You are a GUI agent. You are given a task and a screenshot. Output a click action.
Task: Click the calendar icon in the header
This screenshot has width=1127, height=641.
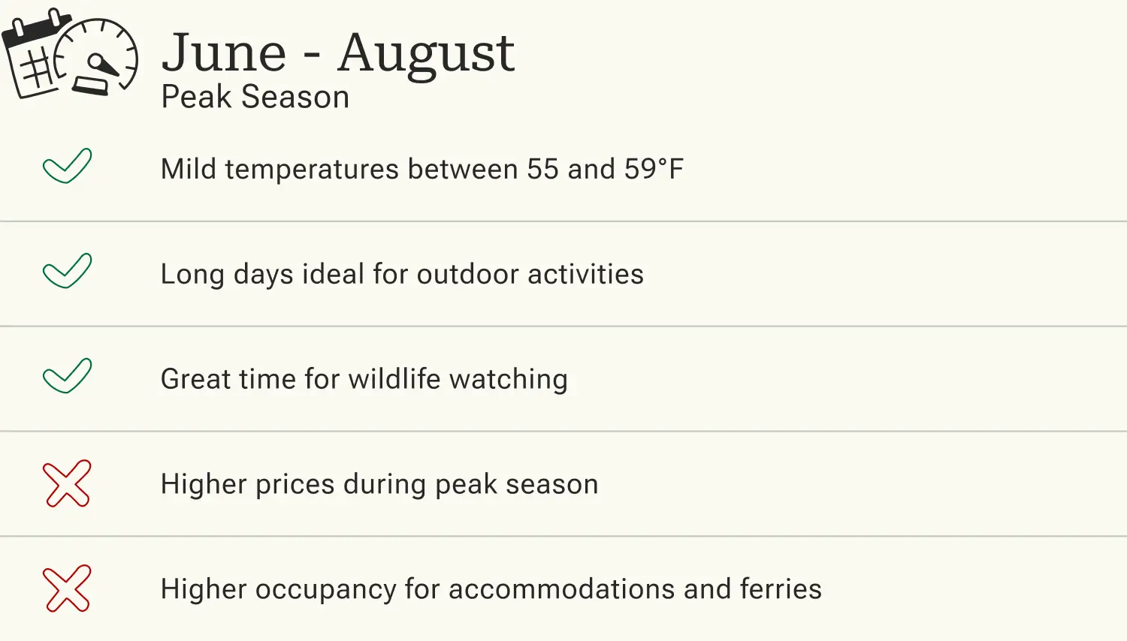(x=34, y=56)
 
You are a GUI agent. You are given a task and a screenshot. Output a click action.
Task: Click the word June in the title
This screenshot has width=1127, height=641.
(x=224, y=54)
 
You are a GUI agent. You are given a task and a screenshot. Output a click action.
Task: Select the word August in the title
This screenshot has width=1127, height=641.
(x=425, y=54)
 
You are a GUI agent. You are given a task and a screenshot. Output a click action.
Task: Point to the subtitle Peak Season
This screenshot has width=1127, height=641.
(x=255, y=98)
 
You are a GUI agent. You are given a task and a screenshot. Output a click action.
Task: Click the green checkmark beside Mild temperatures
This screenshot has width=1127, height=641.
(x=67, y=166)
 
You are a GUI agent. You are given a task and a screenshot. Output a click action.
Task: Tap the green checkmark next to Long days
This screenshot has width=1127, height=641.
(x=67, y=271)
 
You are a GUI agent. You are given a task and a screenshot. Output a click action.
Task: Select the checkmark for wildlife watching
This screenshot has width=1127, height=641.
(x=67, y=376)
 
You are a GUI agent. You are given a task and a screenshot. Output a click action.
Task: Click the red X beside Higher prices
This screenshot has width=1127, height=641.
(x=67, y=483)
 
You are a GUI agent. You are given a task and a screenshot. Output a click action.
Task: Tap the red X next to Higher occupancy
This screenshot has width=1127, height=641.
(x=67, y=588)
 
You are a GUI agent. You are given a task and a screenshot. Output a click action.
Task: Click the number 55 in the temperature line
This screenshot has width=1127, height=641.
(x=542, y=170)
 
